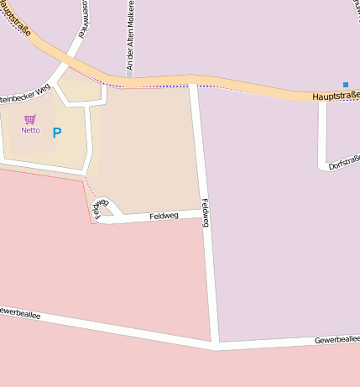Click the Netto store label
(x=30, y=130)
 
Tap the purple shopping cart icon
(x=30, y=119)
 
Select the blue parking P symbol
(x=57, y=133)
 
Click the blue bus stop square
(x=345, y=84)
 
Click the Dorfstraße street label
(x=344, y=161)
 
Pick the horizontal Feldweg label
(x=164, y=217)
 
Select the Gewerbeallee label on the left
(x=18, y=311)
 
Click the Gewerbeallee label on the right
(x=337, y=339)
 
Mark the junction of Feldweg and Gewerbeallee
(x=215, y=344)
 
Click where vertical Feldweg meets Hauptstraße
(x=194, y=82)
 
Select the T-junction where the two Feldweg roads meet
(x=204, y=212)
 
